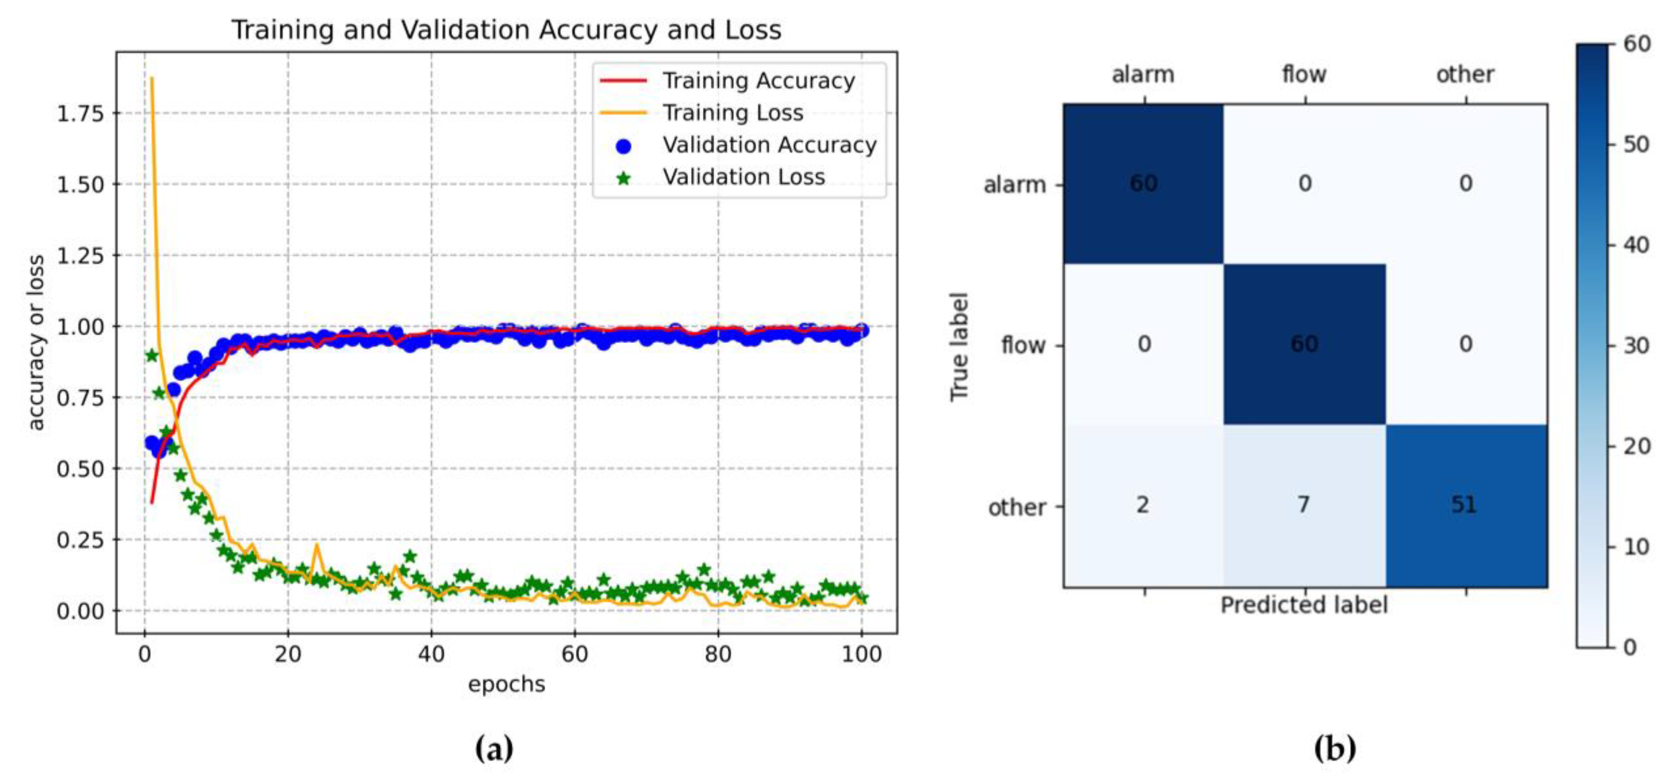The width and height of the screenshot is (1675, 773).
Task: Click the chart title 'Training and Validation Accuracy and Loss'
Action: pyautogui.click(x=506, y=30)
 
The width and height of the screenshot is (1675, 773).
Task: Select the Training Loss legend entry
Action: pyautogui.click(x=732, y=113)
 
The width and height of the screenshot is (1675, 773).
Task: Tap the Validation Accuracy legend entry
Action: pyautogui.click(x=769, y=145)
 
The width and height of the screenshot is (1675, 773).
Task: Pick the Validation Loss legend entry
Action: pyautogui.click(x=743, y=177)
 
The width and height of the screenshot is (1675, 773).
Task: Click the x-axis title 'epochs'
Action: pyautogui.click(x=506, y=684)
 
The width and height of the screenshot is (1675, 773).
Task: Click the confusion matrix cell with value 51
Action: pyautogui.click(x=1465, y=505)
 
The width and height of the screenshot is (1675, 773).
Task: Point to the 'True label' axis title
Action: pyautogui.click(x=959, y=347)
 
